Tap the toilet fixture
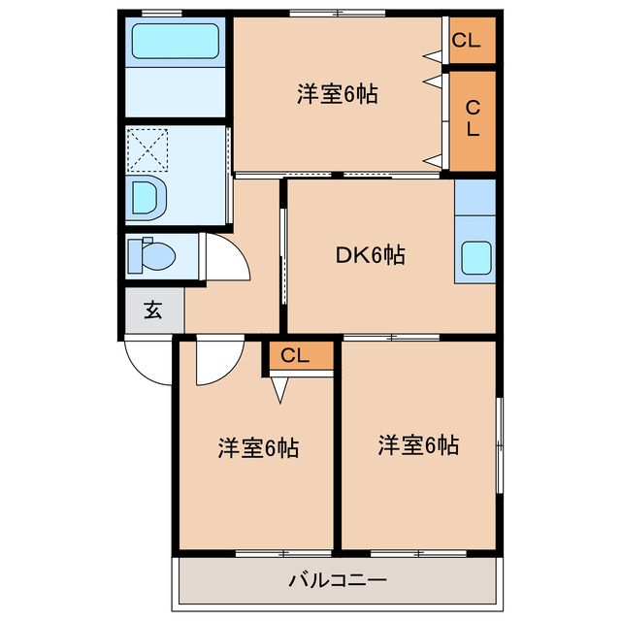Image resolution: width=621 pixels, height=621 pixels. coord(153,255)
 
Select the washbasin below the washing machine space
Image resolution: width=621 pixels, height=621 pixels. coord(147,198)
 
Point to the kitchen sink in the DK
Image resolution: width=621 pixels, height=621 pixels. coord(475,259)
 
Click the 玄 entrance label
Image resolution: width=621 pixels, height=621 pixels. coord(152,311)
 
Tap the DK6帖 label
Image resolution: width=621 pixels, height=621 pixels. coord(370,255)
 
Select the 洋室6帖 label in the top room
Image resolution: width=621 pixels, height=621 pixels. coord(337,95)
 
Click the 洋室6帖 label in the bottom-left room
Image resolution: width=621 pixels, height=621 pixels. coord(257,448)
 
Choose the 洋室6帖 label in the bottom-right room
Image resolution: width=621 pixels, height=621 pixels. coord(418,445)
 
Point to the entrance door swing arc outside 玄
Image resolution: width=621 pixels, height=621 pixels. coord(146,367)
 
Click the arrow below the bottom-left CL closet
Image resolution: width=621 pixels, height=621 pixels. coord(279,389)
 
